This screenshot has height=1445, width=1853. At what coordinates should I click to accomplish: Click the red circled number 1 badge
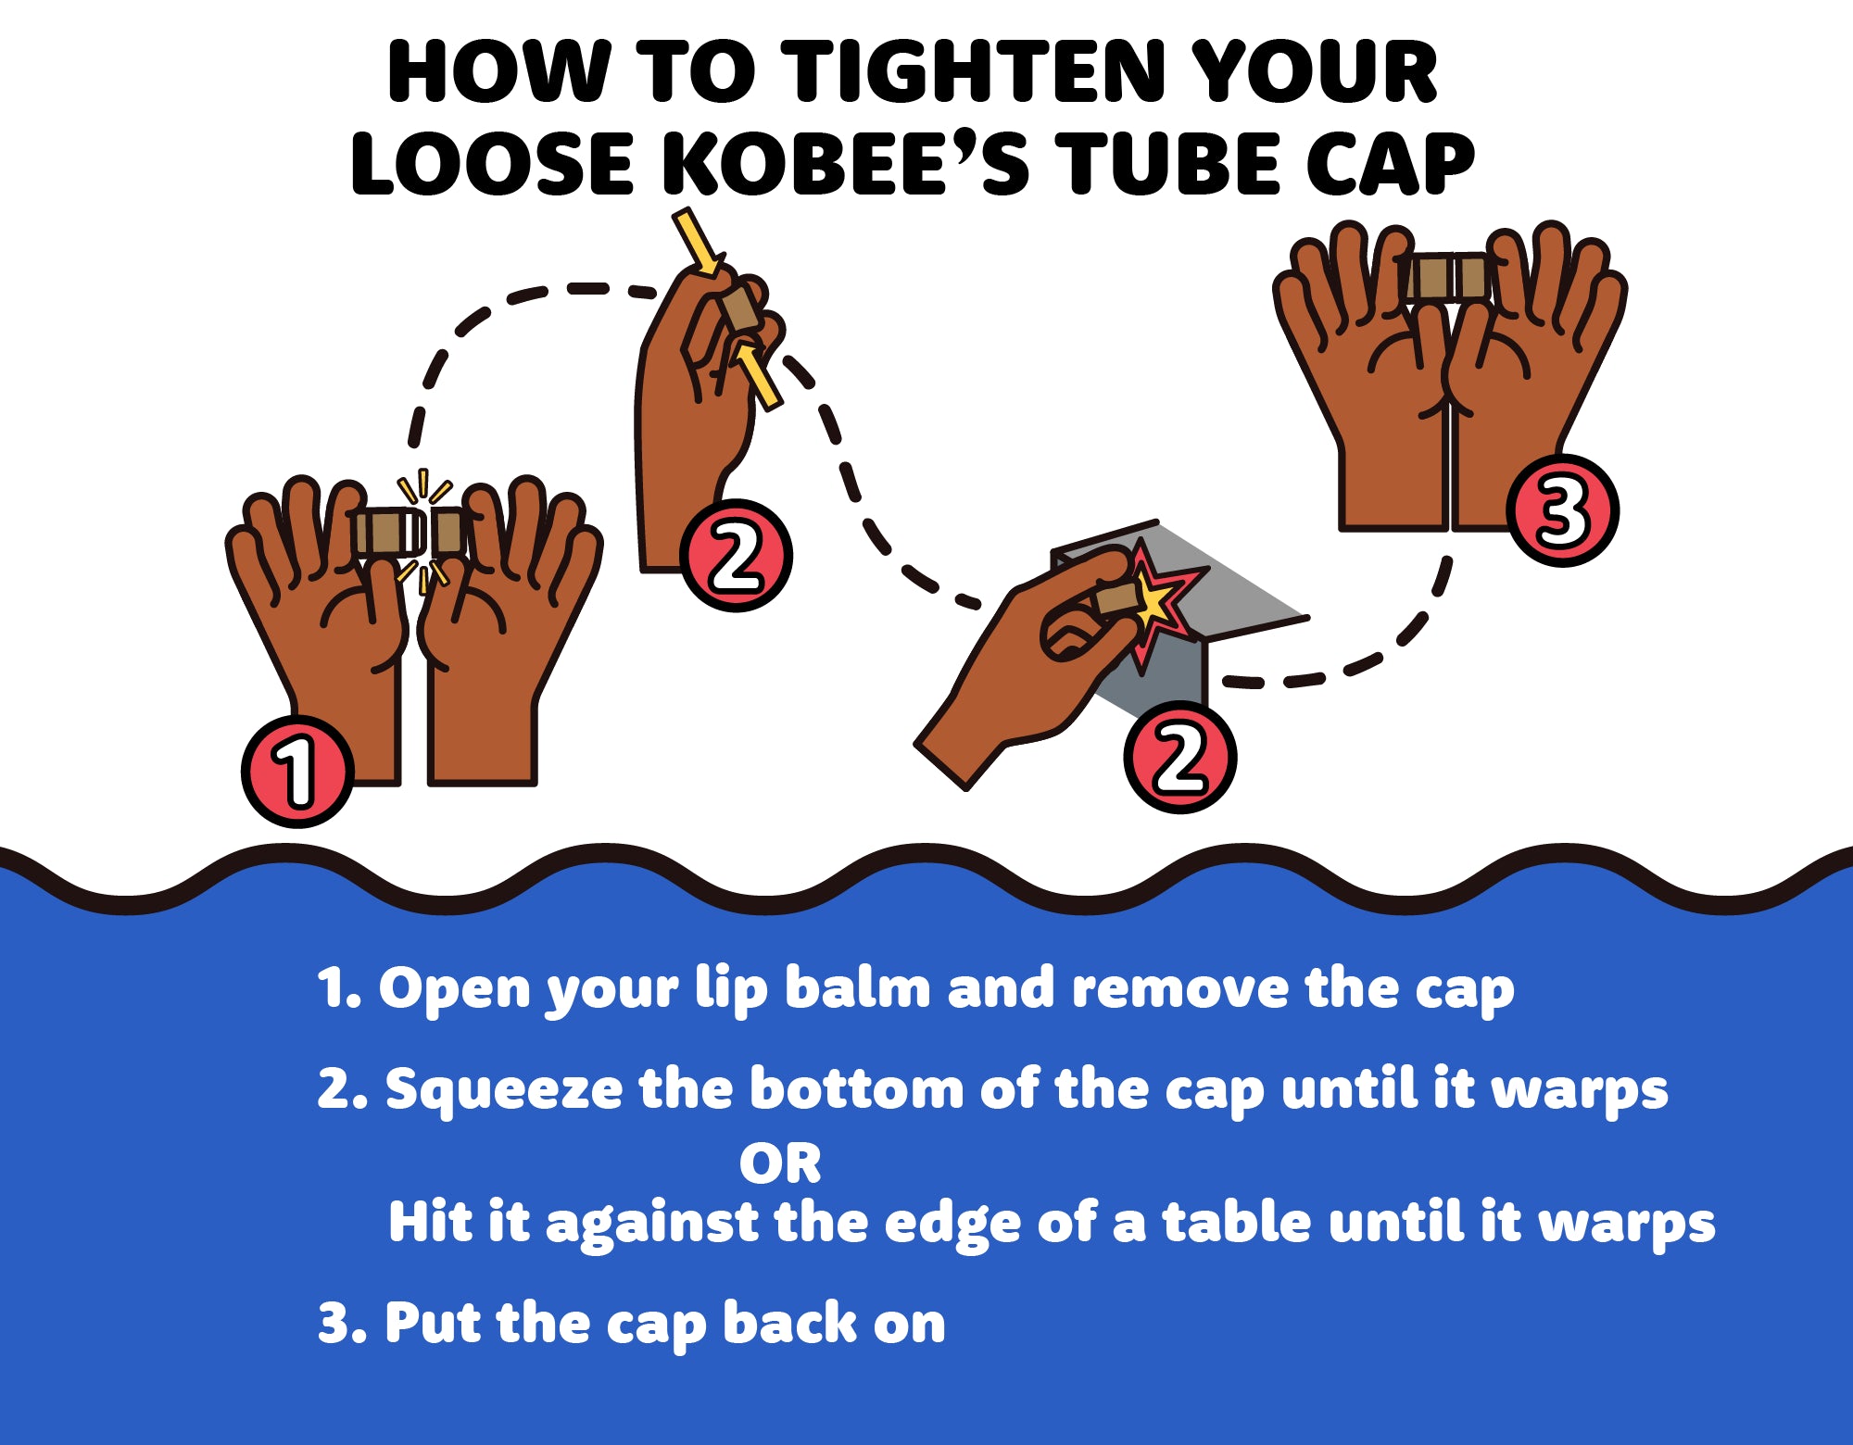297,771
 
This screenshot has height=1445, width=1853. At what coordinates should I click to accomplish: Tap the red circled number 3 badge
1562,509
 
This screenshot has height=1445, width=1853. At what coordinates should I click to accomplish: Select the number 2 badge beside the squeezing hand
736,555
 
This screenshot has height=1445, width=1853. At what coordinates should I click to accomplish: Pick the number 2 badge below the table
1179,757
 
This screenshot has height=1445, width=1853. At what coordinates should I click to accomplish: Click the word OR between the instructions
780,1163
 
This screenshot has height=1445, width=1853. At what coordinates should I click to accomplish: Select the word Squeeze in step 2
504,1089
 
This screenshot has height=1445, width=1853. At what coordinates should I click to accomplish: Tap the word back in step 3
789,1322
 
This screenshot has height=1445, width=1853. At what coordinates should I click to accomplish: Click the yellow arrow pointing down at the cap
697,243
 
